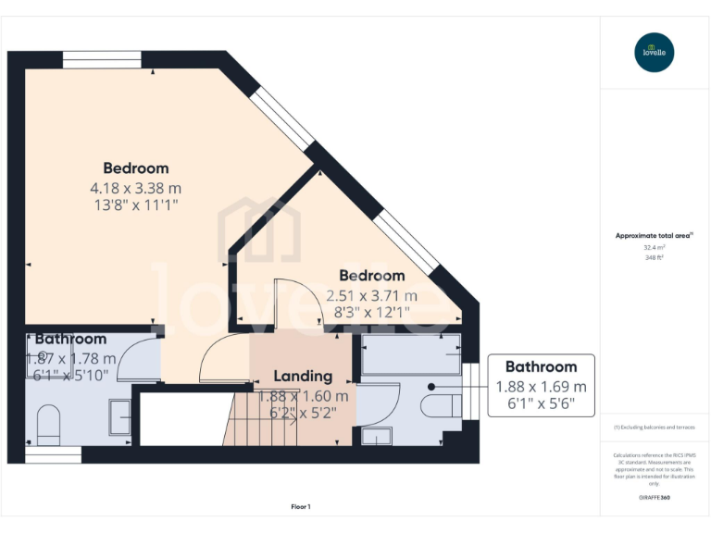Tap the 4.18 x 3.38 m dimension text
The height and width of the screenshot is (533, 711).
(x=135, y=188)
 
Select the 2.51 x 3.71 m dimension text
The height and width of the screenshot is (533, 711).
(x=371, y=295)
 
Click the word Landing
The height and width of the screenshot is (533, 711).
(x=303, y=376)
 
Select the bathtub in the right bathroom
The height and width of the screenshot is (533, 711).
(x=409, y=355)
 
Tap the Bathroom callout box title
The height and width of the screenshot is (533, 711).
(x=541, y=366)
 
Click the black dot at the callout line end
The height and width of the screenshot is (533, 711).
(x=431, y=387)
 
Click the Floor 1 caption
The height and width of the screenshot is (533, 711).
(x=301, y=506)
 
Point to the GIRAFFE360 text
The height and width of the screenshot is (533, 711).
(x=655, y=498)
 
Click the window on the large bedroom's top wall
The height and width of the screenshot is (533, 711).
(x=102, y=59)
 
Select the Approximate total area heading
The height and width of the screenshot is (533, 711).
(x=653, y=236)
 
